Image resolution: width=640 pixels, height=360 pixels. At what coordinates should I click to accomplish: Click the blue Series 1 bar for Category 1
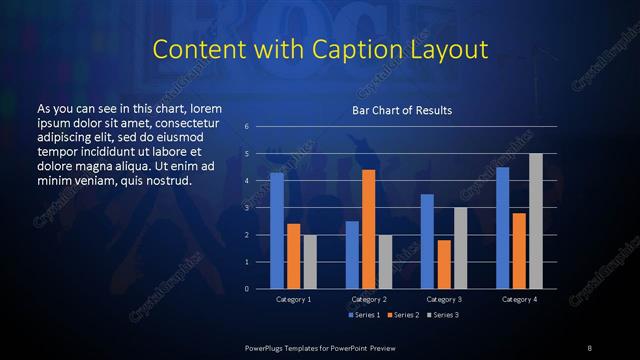click(x=276, y=231)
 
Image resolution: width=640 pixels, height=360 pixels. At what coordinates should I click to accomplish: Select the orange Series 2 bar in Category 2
click(x=368, y=229)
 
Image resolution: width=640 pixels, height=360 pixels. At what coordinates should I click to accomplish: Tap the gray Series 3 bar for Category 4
click(x=536, y=221)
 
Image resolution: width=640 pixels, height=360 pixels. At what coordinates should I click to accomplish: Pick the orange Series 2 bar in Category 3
click(x=443, y=264)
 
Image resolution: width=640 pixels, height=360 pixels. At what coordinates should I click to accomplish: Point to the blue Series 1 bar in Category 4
click(x=502, y=228)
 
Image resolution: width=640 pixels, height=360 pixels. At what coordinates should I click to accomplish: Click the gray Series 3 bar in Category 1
click(x=310, y=262)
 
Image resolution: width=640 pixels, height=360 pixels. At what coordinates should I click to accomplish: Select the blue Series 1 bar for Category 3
click(x=427, y=241)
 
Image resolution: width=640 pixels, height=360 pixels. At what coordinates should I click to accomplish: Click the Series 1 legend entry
click(x=365, y=315)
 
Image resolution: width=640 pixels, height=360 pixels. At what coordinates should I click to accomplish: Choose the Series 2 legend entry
click(x=403, y=315)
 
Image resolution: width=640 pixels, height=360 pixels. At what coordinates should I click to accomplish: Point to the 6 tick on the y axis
click(x=247, y=127)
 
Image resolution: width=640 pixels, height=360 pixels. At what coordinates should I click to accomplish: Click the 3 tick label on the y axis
click(x=247, y=208)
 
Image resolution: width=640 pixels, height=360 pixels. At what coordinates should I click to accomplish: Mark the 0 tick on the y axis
click(x=247, y=289)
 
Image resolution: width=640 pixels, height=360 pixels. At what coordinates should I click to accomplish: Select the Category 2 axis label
click(x=368, y=299)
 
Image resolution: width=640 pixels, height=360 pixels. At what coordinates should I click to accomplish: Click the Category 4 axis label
click(x=519, y=299)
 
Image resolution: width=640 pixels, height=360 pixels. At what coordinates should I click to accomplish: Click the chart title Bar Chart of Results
click(x=402, y=109)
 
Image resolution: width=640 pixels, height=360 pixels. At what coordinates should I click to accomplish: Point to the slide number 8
click(x=590, y=346)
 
